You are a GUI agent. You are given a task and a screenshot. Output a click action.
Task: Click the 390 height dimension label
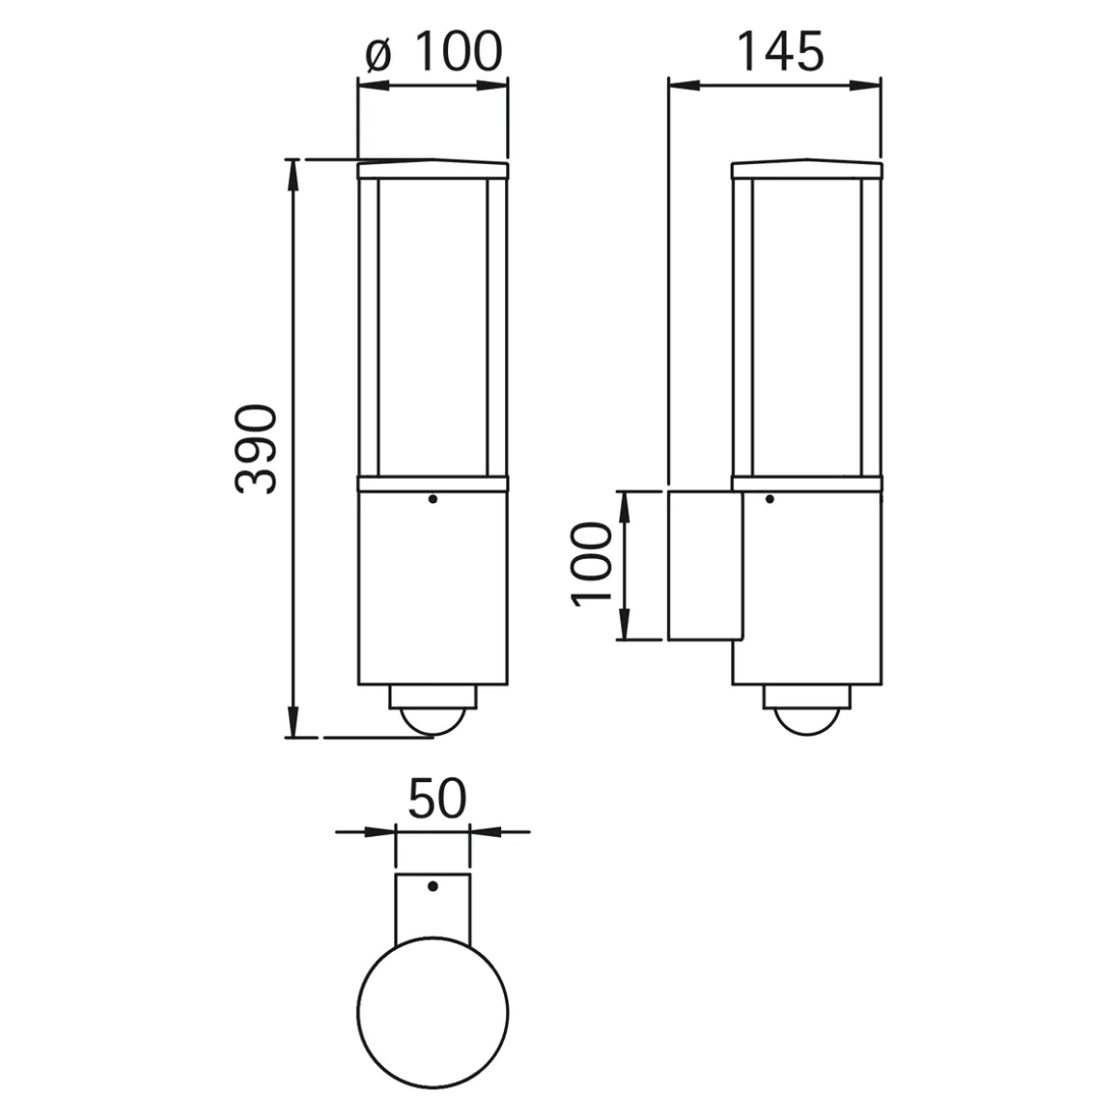coord(255,449)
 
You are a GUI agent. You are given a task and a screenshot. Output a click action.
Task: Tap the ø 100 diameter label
coord(434,51)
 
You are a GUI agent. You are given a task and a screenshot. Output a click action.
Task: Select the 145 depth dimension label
coord(779,51)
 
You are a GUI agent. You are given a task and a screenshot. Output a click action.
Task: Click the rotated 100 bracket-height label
coord(592,564)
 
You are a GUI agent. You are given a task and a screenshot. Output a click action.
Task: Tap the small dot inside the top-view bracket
coord(433,886)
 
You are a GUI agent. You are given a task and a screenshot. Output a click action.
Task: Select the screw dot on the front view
coord(433,499)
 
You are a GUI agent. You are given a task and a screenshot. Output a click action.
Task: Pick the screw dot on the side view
coord(770,499)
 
